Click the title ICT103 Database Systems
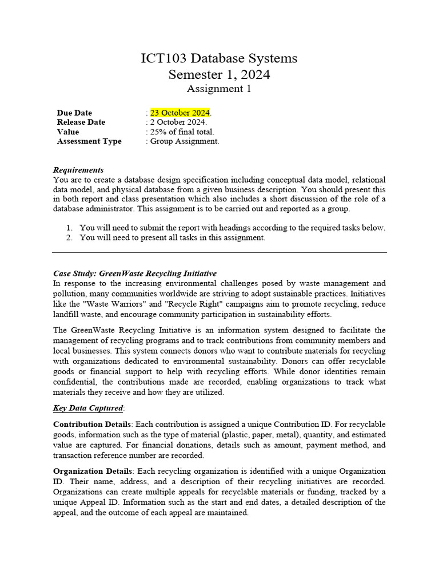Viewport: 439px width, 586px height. click(x=219, y=58)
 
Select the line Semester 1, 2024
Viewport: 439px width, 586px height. click(x=219, y=75)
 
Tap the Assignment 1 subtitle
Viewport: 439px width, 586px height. click(x=219, y=89)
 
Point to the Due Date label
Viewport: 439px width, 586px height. click(x=74, y=113)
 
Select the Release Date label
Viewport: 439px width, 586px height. click(x=81, y=122)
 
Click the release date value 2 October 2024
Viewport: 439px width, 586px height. click(x=178, y=122)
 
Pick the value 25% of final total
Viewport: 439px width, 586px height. click(x=181, y=132)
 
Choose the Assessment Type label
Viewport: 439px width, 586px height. click(x=89, y=141)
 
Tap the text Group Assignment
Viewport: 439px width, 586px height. click(x=184, y=141)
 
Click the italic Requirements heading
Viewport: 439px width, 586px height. click(x=78, y=170)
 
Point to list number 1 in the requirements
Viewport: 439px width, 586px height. click(x=69, y=228)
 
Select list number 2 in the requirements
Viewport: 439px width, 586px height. click(x=69, y=237)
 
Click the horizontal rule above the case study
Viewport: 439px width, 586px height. click(x=219, y=252)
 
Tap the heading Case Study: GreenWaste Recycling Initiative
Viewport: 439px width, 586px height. click(x=135, y=274)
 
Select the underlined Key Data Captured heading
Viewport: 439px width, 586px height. click(x=87, y=408)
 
